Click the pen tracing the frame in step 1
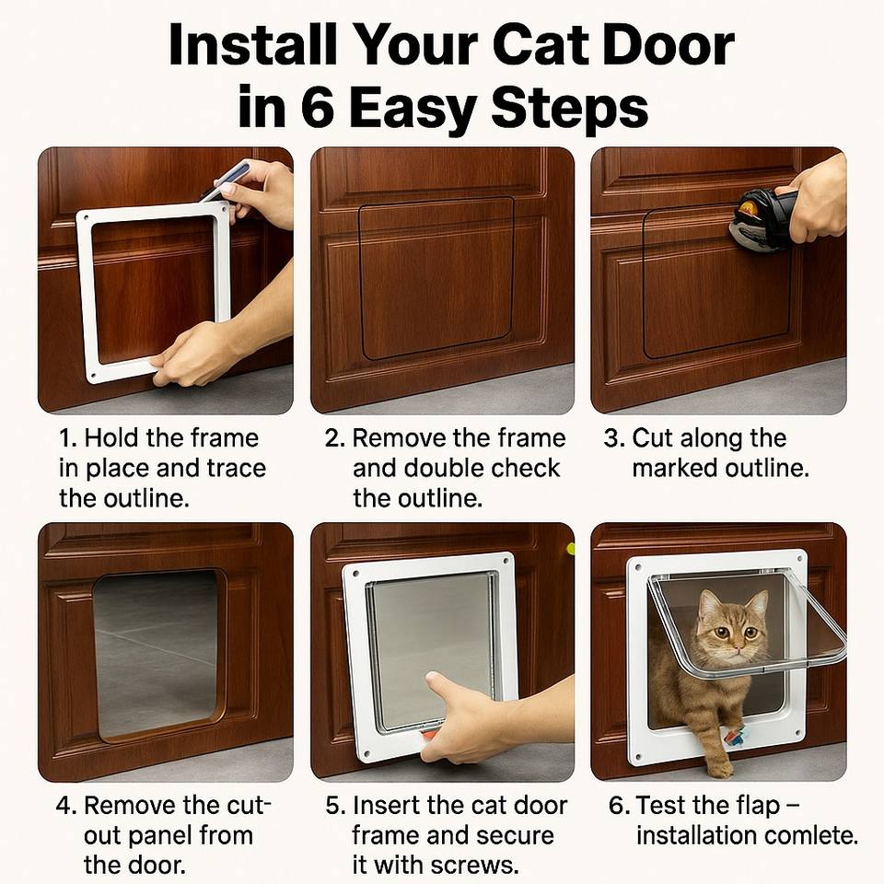pyautogui.click(x=225, y=180)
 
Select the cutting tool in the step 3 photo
pyautogui.click(x=762, y=219)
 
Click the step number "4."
pyautogui.click(x=66, y=805)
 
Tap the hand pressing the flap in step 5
pyautogui.click(x=462, y=716)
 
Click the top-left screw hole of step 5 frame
pyautogui.click(x=356, y=574)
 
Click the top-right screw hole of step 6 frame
pyautogui.click(x=799, y=559)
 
